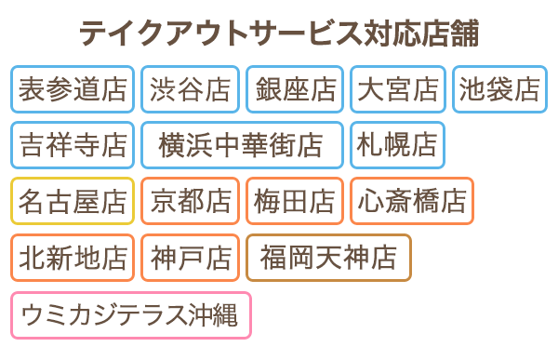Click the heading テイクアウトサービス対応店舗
[279, 33]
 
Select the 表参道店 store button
[73, 88]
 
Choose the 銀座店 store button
[295, 88]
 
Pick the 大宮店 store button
[398, 88]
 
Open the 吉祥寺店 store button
[73, 144]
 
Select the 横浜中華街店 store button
[242, 144]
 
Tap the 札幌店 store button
[398, 144]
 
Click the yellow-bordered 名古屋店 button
[73, 200]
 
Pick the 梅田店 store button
[295, 200]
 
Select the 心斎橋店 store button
[412, 200]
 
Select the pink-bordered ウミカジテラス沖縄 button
[130, 314]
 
